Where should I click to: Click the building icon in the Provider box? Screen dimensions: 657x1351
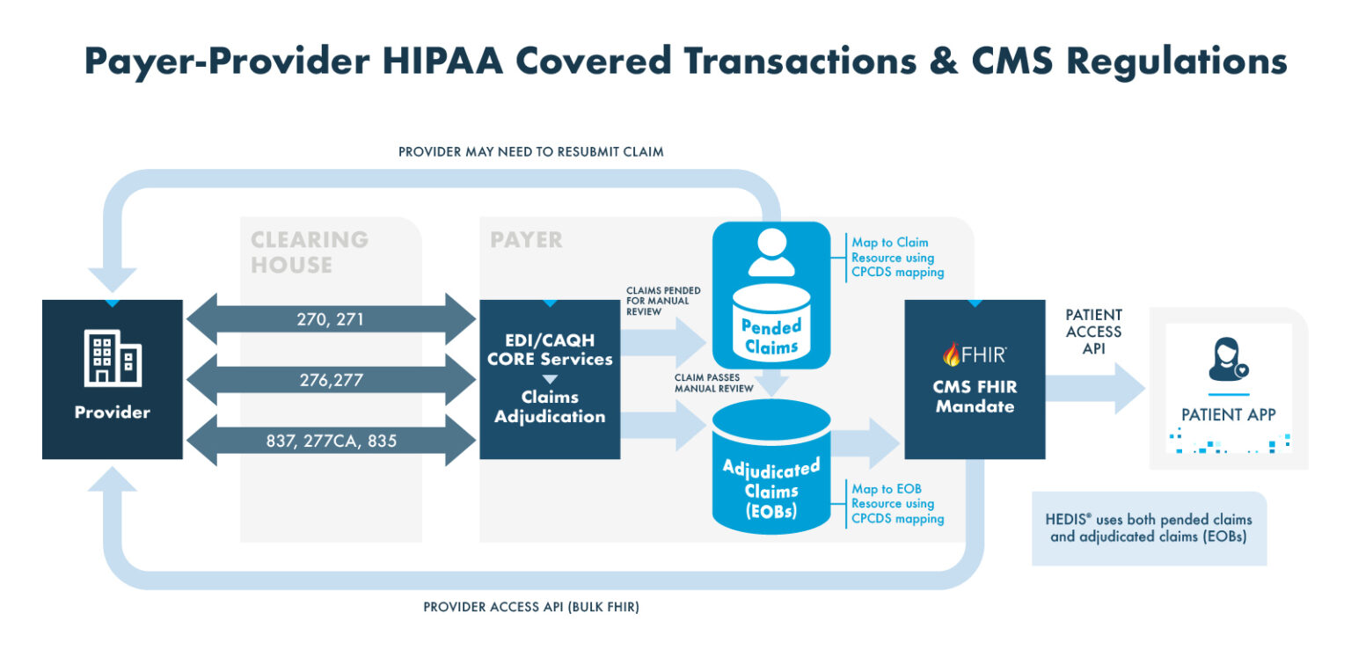coord(113,358)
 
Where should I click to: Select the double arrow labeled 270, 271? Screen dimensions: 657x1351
coord(331,320)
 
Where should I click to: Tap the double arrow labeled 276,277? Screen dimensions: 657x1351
coord(331,380)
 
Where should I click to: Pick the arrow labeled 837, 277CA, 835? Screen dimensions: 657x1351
coord(331,440)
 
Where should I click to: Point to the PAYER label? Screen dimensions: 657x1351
coord(526,240)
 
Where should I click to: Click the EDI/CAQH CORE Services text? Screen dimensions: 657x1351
coord(550,350)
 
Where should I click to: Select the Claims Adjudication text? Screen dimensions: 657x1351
coord(550,407)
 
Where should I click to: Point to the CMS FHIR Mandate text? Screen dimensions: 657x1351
coord(975,397)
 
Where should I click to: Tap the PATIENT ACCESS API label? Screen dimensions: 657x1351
coord(1093,332)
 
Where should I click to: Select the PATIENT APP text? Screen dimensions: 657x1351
coord(1229,414)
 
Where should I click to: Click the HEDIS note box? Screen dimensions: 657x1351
coord(1149,528)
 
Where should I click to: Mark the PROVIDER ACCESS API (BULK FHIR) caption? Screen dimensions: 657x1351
coord(531,607)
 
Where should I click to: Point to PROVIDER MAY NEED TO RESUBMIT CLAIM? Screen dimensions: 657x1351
coord(530,152)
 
